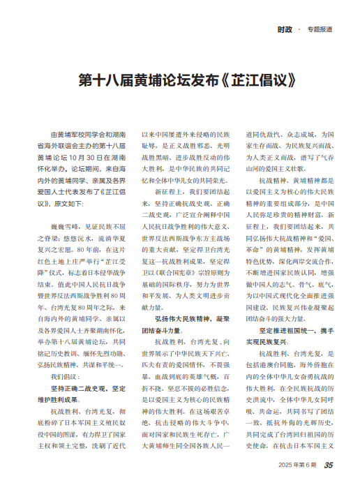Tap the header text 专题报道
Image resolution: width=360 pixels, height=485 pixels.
pyautogui.click(x=319, y=30)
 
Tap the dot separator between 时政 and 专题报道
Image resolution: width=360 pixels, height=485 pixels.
pyautogui.click(x=299, y=29)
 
